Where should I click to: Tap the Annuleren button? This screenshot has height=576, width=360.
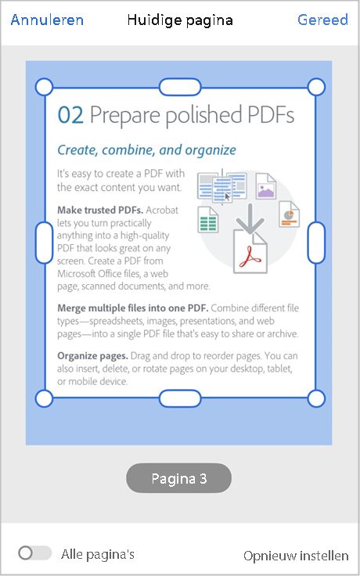point(47,20)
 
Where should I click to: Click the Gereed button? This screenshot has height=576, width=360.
point(322,20)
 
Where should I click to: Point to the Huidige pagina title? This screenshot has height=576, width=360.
point(180,20)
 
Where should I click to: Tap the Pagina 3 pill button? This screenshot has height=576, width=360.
point(179,478)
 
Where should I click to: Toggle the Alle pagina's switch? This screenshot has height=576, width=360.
point(34,553)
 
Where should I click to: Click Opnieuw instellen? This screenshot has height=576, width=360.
point(296,556)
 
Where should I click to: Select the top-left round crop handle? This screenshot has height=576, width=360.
point(45,86)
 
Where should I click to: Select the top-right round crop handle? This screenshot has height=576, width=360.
point(316,86)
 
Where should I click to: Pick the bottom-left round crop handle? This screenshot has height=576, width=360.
point(45,398)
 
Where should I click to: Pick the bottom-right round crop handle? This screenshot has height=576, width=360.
point(316,398)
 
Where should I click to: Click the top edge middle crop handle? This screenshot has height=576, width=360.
point(180,86)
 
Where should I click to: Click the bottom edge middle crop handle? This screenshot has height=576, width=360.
point(180,398)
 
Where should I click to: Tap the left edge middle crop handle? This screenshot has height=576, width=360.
point(45,242)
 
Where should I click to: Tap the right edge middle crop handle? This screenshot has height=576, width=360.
point(316,242)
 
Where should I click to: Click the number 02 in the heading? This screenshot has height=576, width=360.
point(70,116)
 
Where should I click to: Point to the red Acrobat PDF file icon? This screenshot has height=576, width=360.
point(250,252)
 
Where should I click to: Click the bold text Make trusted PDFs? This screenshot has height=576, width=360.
point(99,210)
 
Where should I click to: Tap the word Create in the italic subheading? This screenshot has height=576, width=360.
point(78,149)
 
